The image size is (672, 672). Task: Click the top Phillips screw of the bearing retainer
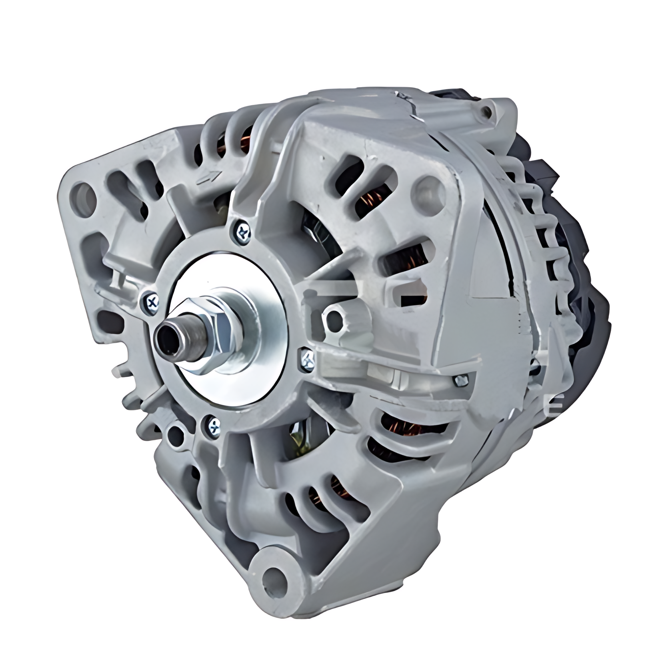coord(242,231)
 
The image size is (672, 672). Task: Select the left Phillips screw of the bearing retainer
coord(151,302)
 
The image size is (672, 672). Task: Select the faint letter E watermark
coord(557,400)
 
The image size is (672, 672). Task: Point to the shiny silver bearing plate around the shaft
coord(256,304)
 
